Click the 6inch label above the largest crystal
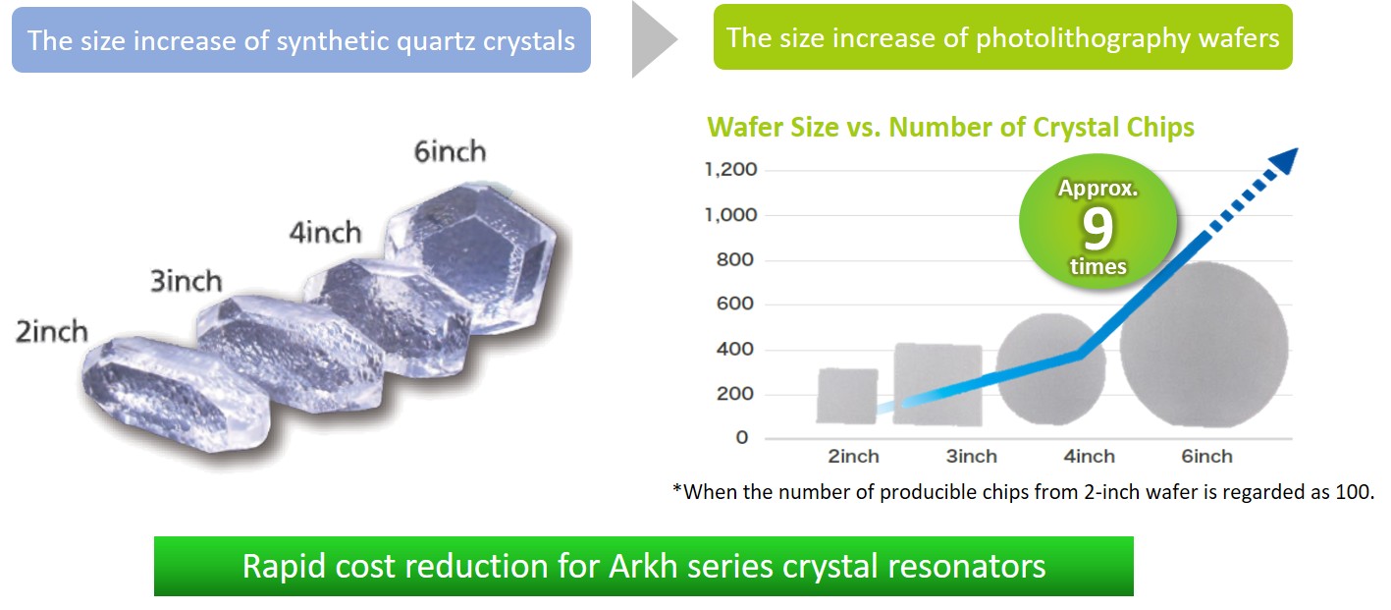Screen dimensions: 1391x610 pyautogui.click(x=451, y=152)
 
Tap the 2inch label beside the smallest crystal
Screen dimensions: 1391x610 pyautogui.click(x=52, y=332)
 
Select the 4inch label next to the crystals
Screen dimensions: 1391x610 pyautogui.click(x=325, y=233)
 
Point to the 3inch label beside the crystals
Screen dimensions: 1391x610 pyautogui.click(x=187, y=281)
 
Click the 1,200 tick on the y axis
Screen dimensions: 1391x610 pyautogui.click(x=731, y=170)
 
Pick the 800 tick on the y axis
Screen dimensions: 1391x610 pyautogui.click(x=735, y=259)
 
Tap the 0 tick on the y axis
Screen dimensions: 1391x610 pyautogui.click(x=742, y=438)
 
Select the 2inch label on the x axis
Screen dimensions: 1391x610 pyautogui.click(x=853, y=457)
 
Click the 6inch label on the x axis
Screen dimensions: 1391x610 pyautogui.click(x=1206, y=457)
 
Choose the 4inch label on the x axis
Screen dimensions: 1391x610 pyautogui.click(x=1090, y=457)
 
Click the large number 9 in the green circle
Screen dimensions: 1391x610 pyautogui.click(x=1097, y=228)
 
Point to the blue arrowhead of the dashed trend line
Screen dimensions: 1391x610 pyautogui.click(x=1284, y=161)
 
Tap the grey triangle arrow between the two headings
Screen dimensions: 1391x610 pyautogui.click(x=654, y=39)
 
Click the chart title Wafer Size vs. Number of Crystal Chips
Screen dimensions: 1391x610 pyautogui.click(x=950, y=128)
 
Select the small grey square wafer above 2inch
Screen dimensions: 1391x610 pyautogui.click(x=847, y=396)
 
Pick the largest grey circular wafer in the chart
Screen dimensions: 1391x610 pyautogui.click(x=1204, y=345)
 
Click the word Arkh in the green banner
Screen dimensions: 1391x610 pyautogui.click(x=643, y=567)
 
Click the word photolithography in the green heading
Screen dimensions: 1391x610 pyautogui.click(x=1083, y=39)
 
